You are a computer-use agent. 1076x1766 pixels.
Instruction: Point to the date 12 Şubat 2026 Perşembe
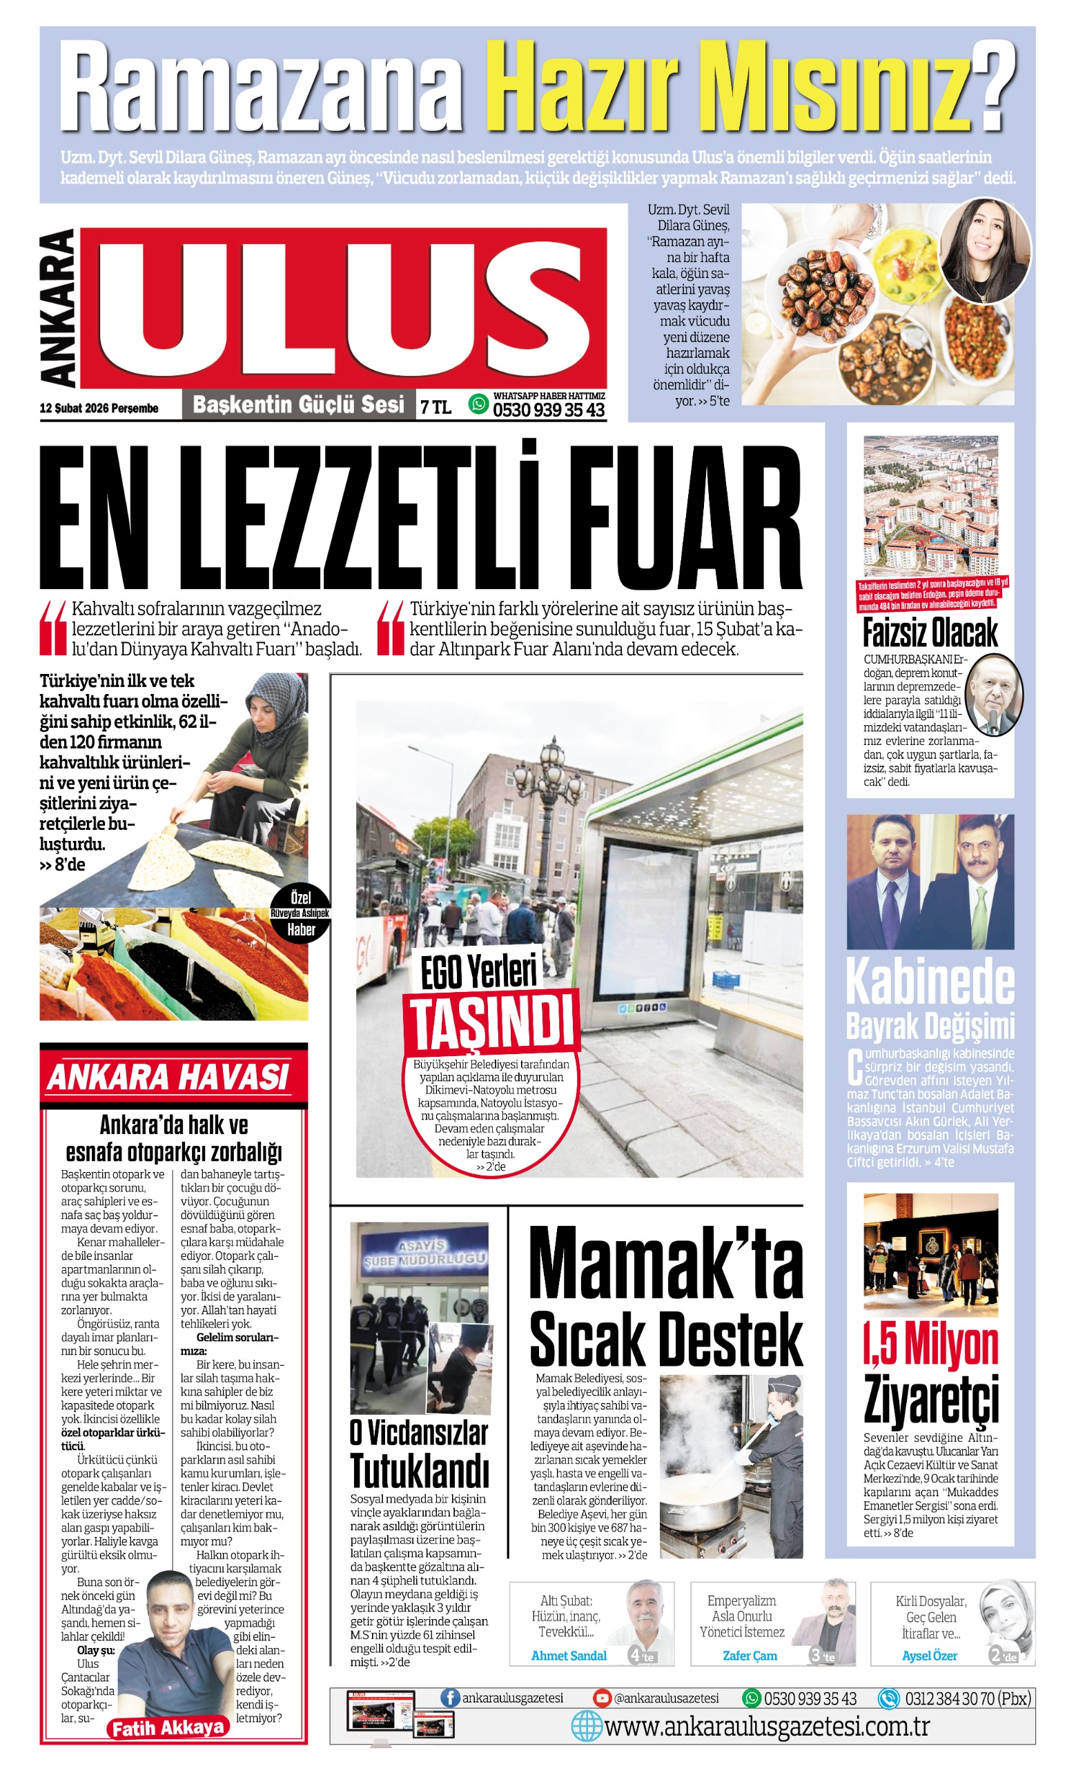[x=99, y=408]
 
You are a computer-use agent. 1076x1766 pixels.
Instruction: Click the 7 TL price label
[x=436, y=407]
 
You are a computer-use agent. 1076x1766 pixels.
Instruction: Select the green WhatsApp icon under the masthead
[x=478, y=404]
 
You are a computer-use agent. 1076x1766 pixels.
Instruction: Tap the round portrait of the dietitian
[x=984, y=250]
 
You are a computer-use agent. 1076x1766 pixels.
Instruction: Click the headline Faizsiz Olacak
[x=930, y=633]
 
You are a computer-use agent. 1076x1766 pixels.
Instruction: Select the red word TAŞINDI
[x=492, y=1024]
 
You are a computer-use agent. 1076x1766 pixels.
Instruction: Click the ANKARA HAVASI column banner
[x=168, y=1078]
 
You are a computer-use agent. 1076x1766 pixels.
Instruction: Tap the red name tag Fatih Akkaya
[x=168, y=1727]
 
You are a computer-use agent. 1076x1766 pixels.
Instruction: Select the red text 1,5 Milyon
[x=930, y=1346]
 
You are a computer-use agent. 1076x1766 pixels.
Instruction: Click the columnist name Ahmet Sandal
[x=569, y=1656]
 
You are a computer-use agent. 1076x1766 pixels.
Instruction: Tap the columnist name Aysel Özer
[x=929, y=1656]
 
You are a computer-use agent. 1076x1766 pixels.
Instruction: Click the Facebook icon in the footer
[x=449, y=1697]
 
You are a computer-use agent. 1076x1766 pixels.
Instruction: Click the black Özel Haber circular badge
[x=301, y=914]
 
